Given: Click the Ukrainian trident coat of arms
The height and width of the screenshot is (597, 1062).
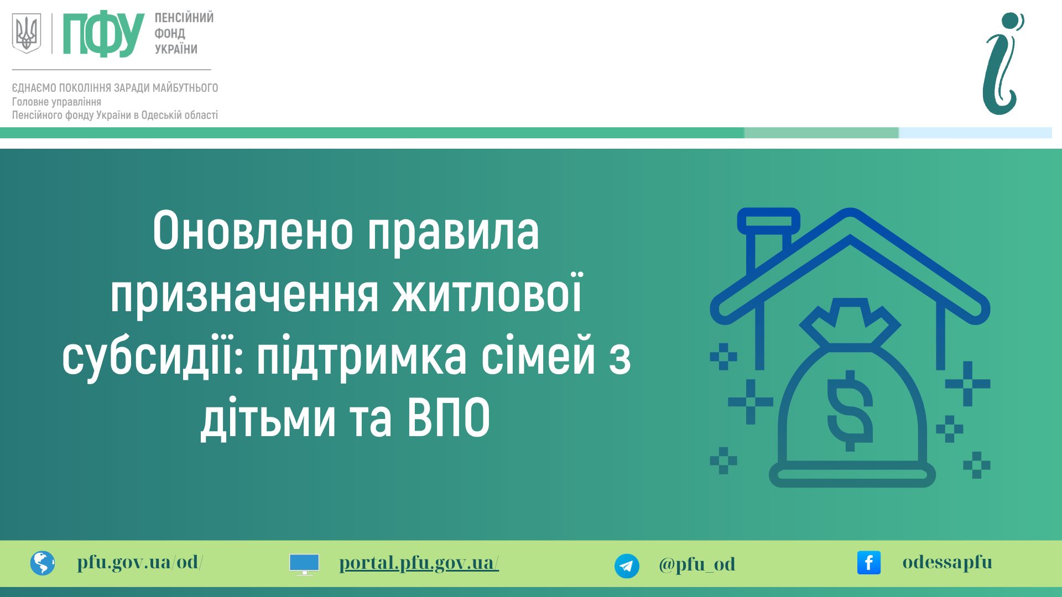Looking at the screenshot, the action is pyautogui.click(x=27, y=33).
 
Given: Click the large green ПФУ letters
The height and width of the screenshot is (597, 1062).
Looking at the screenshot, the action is pyautogui.click(x=103, y=34).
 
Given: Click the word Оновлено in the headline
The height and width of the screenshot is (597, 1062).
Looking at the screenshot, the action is pyautogui.click(x=253, y=231).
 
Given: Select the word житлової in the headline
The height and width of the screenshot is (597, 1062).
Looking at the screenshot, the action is pyautogui.click(x=487, y=293).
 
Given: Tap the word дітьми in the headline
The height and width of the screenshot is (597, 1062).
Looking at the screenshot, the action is pyautogui.click(x=268, y=418).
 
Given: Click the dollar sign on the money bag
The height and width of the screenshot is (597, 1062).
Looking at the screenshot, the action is pyautogui.click(x=850, y=411).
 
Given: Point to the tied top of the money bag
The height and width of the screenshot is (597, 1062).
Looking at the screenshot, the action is pyautogui.click(x=850, y=323).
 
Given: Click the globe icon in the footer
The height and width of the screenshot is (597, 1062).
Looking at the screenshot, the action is pyautogui.click(x=43, y=563).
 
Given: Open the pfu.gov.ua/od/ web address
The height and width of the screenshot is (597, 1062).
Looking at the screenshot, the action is pyautogui.click(x=140, y=562).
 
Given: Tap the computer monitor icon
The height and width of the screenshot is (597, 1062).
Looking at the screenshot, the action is pyautogui.click(x=304, y=564).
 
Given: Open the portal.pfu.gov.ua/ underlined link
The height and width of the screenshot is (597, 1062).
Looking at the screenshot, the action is pyautogui.click(x=419, y=563).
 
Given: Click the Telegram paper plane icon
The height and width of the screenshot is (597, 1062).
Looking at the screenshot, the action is pyautogui.click(x=627, y=566).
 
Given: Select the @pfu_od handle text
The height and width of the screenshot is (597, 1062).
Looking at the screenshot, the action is pyautogui.click(x=697, y=564).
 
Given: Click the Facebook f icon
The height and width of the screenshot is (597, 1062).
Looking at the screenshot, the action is pyautogui.click(x=869, y=563).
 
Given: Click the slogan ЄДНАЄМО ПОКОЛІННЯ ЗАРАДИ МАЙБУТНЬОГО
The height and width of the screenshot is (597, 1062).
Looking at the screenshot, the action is pyautogui.click(x=115, y=88).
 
